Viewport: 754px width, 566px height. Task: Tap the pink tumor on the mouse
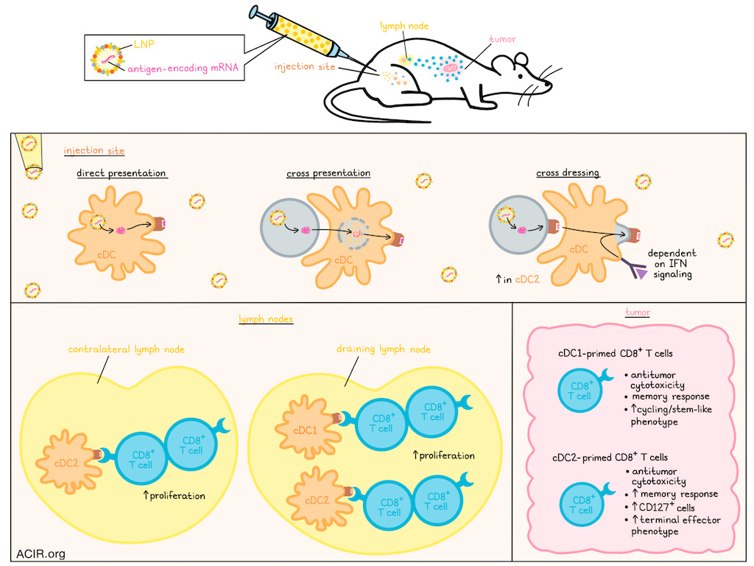point(451,67)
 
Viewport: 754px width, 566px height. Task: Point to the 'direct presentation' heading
point(121,174)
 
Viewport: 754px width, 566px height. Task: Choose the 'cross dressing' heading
point(567,174)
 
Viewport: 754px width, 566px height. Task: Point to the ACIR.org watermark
point(35,553)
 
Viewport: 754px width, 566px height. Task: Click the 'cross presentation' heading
point(328,174)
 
